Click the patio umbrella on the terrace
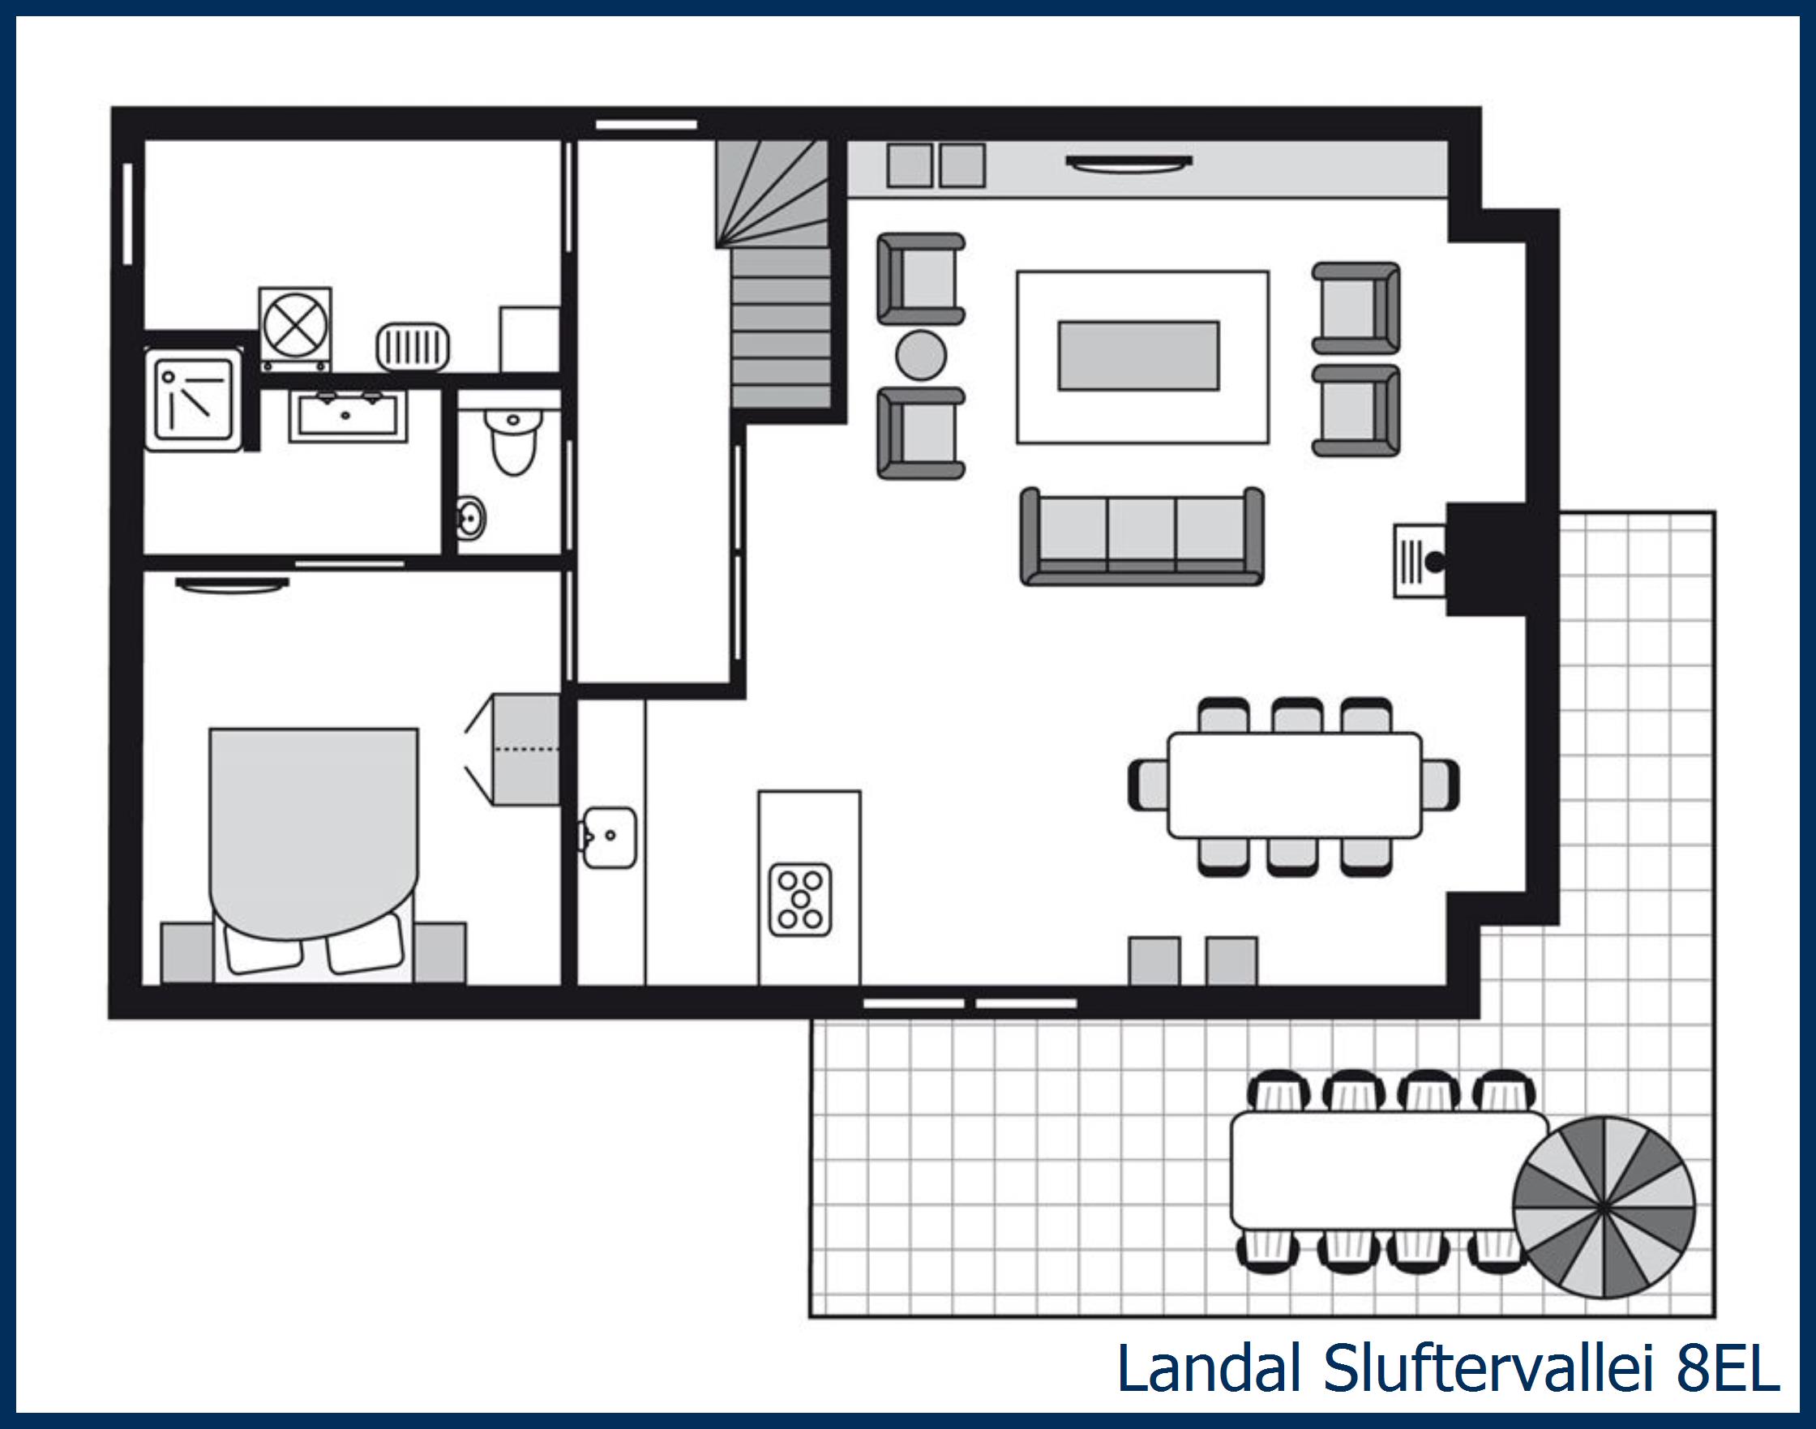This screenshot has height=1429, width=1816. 1603,1207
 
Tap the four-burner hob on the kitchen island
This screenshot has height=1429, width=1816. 800,900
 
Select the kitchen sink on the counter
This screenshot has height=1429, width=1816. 610,836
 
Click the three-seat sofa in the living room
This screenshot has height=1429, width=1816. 1142,536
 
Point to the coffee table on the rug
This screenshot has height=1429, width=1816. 1138,356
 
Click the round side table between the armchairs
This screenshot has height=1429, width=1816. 920,356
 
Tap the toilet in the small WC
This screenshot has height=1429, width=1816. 513,441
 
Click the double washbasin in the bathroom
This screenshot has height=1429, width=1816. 348,415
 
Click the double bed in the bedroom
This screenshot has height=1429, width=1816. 313,845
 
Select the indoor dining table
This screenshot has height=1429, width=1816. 1294,785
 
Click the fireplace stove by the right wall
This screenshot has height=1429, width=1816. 1421,560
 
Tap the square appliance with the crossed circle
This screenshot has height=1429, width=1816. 294,327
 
